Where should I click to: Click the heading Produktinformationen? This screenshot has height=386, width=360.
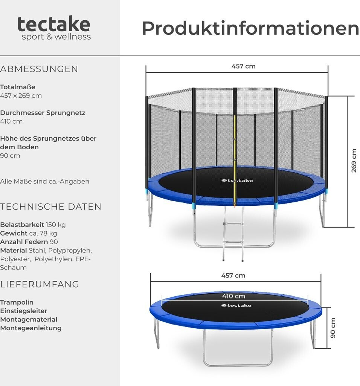tap(250, 29)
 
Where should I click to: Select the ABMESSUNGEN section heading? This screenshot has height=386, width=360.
tap(39, 69)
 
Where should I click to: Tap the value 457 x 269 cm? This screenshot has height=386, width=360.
tap(21, 96)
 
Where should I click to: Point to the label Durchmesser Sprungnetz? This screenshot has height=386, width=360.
tap(43, 113)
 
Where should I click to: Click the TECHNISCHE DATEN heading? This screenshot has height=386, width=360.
tap(51, 207)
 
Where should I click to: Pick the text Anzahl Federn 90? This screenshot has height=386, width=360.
tap(29, 242)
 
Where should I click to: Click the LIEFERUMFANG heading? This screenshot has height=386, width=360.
tap(40, 284)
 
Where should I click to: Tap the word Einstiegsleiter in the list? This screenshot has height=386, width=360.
tap(24, 311)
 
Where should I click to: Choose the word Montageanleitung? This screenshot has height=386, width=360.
tap(31, 328)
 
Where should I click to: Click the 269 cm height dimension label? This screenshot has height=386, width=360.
tap(354, 161)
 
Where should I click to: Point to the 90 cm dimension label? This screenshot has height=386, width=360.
tap(333, 328)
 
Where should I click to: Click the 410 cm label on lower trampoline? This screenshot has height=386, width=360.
tap(233, 296)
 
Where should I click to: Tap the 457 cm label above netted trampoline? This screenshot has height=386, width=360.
tap(243, 66)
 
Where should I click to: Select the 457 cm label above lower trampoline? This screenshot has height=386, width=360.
tap(233, 276)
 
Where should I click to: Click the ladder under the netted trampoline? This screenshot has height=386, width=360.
tap(233, 234)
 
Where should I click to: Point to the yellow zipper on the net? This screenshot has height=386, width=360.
tap(235, 158)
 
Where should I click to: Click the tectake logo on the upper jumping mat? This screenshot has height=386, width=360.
tap(237, 181)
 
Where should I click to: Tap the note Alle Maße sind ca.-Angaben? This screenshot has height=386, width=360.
tap(45, 181)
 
